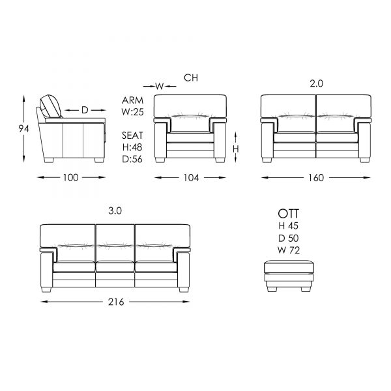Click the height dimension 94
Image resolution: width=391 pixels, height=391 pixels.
23,128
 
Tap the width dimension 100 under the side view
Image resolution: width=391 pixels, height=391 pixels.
71,177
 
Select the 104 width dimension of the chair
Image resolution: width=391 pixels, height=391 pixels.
191,178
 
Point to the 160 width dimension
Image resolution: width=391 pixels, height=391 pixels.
316,178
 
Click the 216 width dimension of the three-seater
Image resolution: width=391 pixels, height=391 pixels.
116,302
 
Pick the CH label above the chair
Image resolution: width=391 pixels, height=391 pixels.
191,78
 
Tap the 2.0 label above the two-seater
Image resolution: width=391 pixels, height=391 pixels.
317,83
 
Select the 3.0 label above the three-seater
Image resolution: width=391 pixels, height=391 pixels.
115,211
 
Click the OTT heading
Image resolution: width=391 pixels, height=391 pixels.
288,214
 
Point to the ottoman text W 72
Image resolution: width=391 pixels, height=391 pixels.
289,250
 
